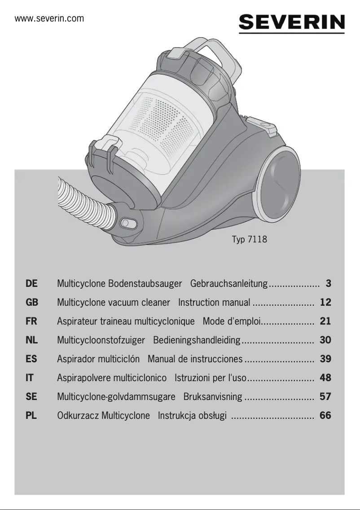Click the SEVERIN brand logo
pyautogui.click(x=292, y=22)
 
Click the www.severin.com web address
pyautogui.click(x=49, y=18)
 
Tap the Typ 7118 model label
pyautogui.click(x=249, y=239)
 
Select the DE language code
pyautogui.click(x=32, y=284)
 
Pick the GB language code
pyautogui.click(x=32, y=303)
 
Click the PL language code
pyautogui.click(x=31, y=416)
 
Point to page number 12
pyautogui.click(x=325, y=303)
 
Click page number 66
pyautogui.click(x=325, y=416)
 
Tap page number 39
pyautogui.click(x=325, y=359)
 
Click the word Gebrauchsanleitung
pyautogui.click(x=229, y=284)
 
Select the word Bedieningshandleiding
pyautogui.click(x=197, y=340)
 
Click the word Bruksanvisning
pyautogui.click(x=213, y=397)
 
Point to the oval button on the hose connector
pyautogui.click(x=127, y=223)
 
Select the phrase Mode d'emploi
pyautogui.click(x=231, y=321)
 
